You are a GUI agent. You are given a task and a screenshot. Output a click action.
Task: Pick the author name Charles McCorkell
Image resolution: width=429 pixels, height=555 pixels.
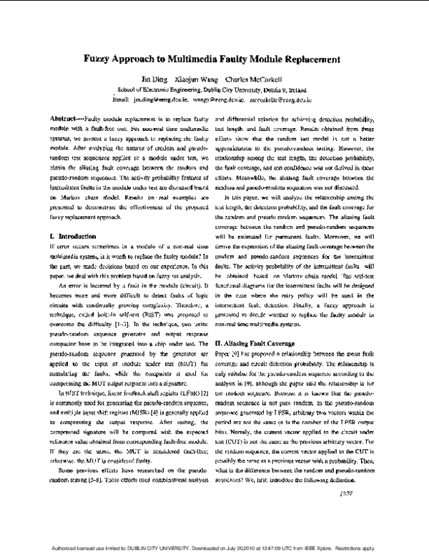[254, 79]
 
